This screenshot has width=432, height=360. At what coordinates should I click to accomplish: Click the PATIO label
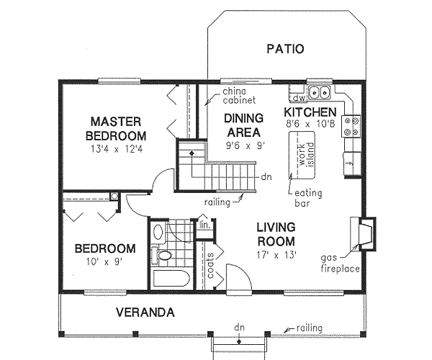[x=285, y=49]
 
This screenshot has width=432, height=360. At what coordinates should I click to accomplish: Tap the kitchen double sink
[x=319, y=92]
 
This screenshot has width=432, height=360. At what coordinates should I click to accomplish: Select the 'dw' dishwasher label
[x=299, y=98]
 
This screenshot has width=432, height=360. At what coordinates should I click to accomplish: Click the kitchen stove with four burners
[x=351, y=127]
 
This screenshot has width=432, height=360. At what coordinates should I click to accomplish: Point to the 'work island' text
[x=306, y=155]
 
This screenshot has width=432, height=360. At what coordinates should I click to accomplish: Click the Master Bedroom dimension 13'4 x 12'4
[x=116, y=150]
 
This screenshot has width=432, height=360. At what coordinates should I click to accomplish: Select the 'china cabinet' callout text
[x=239, y=96]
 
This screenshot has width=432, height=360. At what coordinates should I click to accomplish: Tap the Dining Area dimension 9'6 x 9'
[x=246, y=145]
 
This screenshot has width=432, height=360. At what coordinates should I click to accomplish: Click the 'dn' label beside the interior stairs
[x=266, y=177]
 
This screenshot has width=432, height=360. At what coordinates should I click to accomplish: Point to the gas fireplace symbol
[x=367, y=234]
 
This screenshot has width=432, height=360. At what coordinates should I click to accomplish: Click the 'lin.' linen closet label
[x=204, y=225]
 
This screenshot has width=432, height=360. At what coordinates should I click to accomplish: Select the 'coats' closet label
[x=210, y=265]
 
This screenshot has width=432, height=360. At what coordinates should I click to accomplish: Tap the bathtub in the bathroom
[x=171, y=279]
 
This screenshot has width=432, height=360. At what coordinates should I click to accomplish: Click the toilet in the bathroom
[x=161, y=255]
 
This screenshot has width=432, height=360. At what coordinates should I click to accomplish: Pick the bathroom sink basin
[x=158, y=232]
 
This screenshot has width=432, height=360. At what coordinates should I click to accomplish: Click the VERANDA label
[x=145, y=312]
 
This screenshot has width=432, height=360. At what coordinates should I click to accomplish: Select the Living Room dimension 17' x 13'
[x=276, y=256]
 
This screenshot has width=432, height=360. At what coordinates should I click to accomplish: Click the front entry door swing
[x=239, y=276]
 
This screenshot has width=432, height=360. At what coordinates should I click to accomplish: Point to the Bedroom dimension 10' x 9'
[x=104, y=261]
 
